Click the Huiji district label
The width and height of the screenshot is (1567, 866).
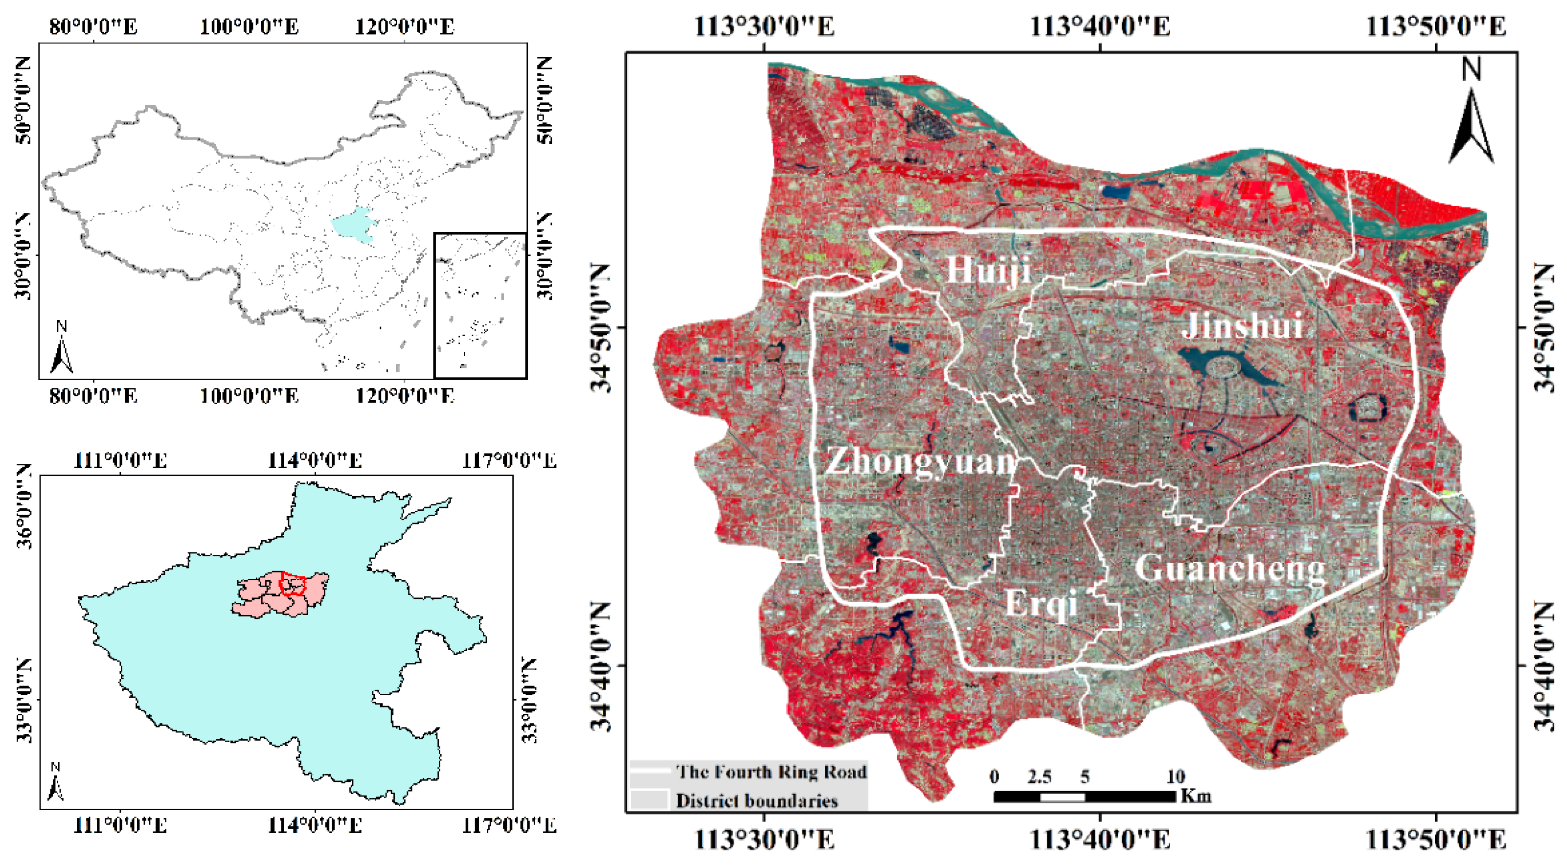point(989,270)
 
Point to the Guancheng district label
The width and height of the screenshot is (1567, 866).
point(1230,569)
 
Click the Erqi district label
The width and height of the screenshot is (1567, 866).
point(1042,603)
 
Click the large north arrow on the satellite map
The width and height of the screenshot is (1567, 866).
point(1471,125)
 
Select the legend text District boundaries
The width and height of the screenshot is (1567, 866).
point(757,800)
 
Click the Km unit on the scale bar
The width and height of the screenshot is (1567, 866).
point(1196,796)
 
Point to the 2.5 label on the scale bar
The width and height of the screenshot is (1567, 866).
point(1039,776)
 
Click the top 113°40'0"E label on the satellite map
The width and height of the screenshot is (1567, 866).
point(1100,27)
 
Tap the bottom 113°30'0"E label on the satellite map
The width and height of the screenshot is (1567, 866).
point(764,840)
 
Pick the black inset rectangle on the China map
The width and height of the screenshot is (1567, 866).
point(480,305)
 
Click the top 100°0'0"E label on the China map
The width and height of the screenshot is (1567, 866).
point(250,27)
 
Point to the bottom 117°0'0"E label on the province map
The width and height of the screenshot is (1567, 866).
point(510,825)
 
